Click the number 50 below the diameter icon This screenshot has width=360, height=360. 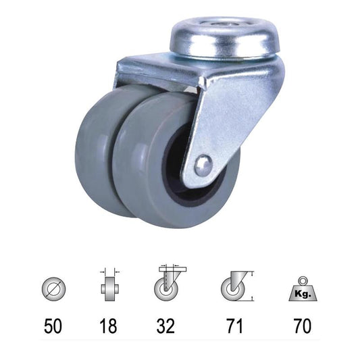pyautogui.click(x=53, y=326)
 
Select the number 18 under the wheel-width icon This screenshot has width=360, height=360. pyautogui.click(x=108, y=326)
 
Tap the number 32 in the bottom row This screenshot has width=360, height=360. pyautogui.click(x=165, y=326)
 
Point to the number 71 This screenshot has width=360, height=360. pyautogui.click(x=234, y=326)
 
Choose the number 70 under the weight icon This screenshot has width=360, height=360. pyautogui.click(x=303, y=326)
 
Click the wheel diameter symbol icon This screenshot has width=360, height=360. pyautogui.click(x=54, y=288)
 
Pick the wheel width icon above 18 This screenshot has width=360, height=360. pyautogui.click(x=109, y=284)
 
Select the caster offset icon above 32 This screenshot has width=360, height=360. pyautogui.click(x=170, y=284)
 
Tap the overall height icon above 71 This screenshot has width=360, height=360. pyautogui.click(x=237, y=286)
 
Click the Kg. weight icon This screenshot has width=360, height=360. pyautogui.click(x=303, y=289)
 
